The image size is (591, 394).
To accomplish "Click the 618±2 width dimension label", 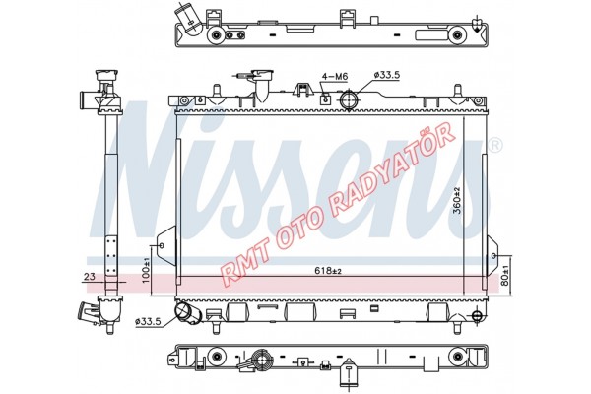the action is tap(328, 270).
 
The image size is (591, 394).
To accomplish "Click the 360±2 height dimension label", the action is tap(458, 200).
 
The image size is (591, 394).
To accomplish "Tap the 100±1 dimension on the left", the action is tap(146, 270).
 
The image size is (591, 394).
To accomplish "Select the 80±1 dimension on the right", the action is tap(505, 276).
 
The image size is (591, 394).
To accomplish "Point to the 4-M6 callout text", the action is tap(335, 77).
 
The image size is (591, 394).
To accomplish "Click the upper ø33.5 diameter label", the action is tap(386, 75).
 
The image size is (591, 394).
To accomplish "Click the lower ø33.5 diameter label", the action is tap(148, 322).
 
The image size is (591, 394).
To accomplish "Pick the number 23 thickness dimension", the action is tap(90, 277).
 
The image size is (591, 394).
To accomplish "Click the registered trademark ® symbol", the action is tap(495, 146).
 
